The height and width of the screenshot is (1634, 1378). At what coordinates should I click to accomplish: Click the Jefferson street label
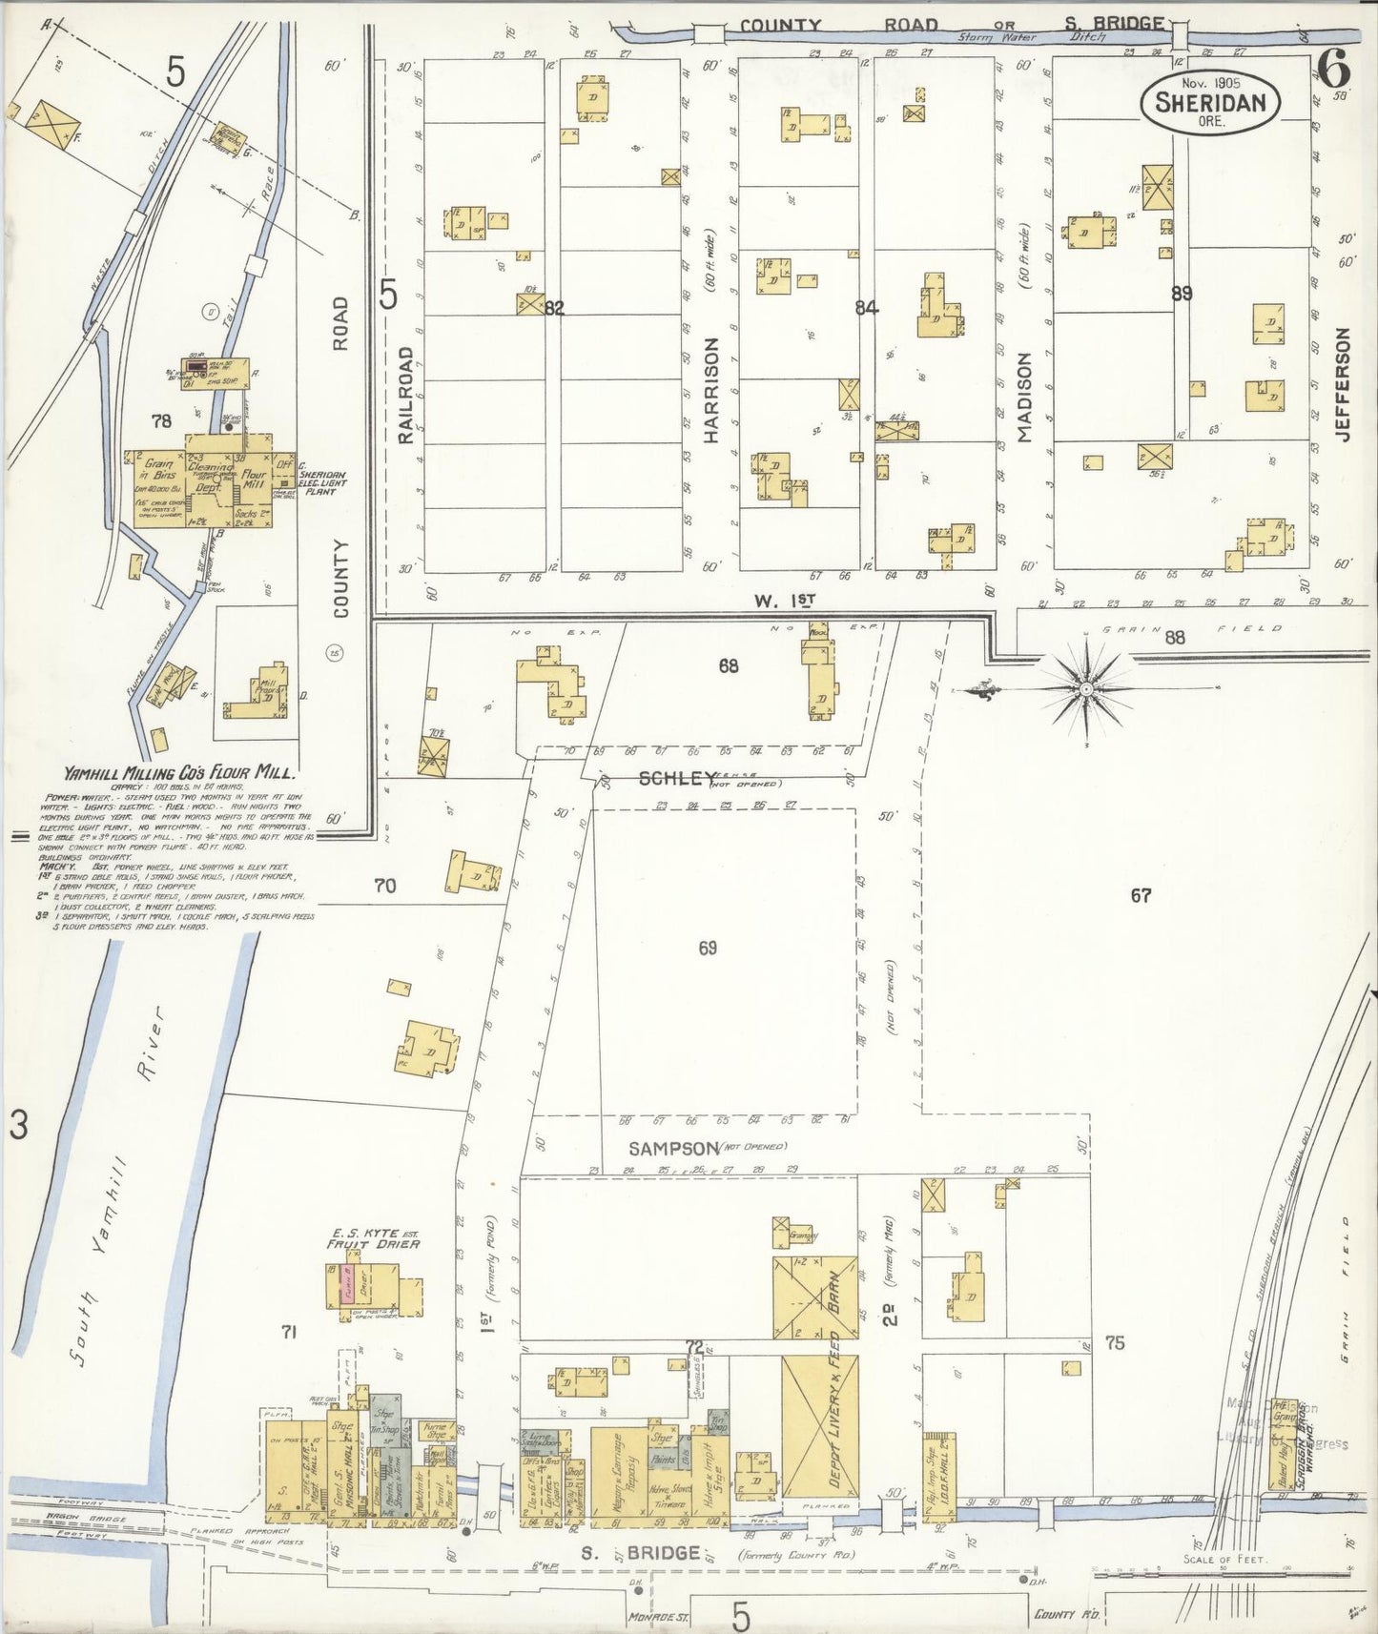pyautogui.click(x=1344, y=384)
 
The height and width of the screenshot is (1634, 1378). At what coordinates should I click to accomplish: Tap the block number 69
pyautogui.click(x=707, y=948)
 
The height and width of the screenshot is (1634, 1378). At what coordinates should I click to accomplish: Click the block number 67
pyautogui.click(x=1141, y=895)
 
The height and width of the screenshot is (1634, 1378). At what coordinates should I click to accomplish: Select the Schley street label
pyautogui.click(x=677, y=779)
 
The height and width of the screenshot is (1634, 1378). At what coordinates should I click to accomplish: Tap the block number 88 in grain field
pyautogui.click(x=1174, y=638)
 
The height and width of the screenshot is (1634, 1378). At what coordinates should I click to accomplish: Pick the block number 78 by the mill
pyautogui.click(x=160, y=419)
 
